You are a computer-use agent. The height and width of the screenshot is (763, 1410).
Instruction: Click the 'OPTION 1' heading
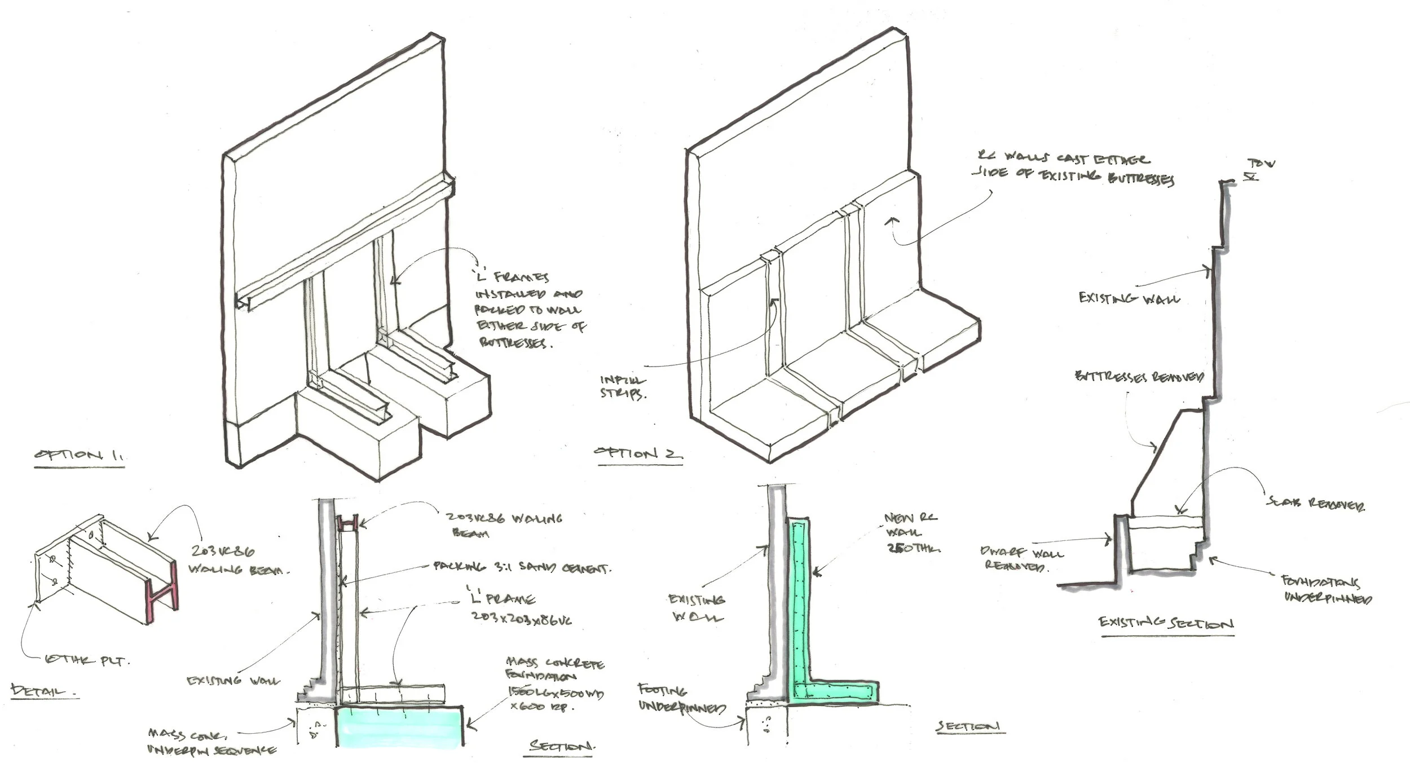click(79, 456)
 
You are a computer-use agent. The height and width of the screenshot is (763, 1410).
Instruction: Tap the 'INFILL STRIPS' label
click(623, 388)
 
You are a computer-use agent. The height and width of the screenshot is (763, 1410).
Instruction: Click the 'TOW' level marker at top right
click(1261, 165)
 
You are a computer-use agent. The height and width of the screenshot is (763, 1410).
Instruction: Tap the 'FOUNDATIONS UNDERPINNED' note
click(1327, 590)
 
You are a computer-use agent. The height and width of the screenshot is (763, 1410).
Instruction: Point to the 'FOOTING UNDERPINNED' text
click(681, 698)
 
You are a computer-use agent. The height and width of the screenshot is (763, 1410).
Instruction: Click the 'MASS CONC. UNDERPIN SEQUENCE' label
click(211, 742)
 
